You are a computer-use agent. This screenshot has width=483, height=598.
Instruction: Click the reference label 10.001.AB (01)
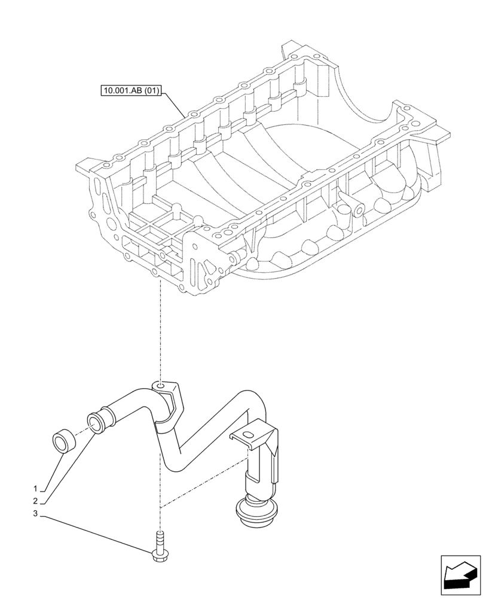pyautogui.click(x=130, y=91)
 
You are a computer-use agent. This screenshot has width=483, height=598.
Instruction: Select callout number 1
pyautogui.click(x=35, y=487)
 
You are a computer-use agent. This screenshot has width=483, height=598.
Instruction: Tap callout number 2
pyautogui.click(x=35, y=501)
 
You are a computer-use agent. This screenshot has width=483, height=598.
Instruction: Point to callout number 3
pyautogui.click(x=35, y=514)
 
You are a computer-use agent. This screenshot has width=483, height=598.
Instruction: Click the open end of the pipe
pyautogui.click(x=95, y=420)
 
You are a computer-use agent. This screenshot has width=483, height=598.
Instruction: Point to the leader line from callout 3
pyautogui.click(x=96, y=532)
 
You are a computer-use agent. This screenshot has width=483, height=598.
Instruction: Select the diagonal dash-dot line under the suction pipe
pyautogui.click(x=203, y=485)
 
